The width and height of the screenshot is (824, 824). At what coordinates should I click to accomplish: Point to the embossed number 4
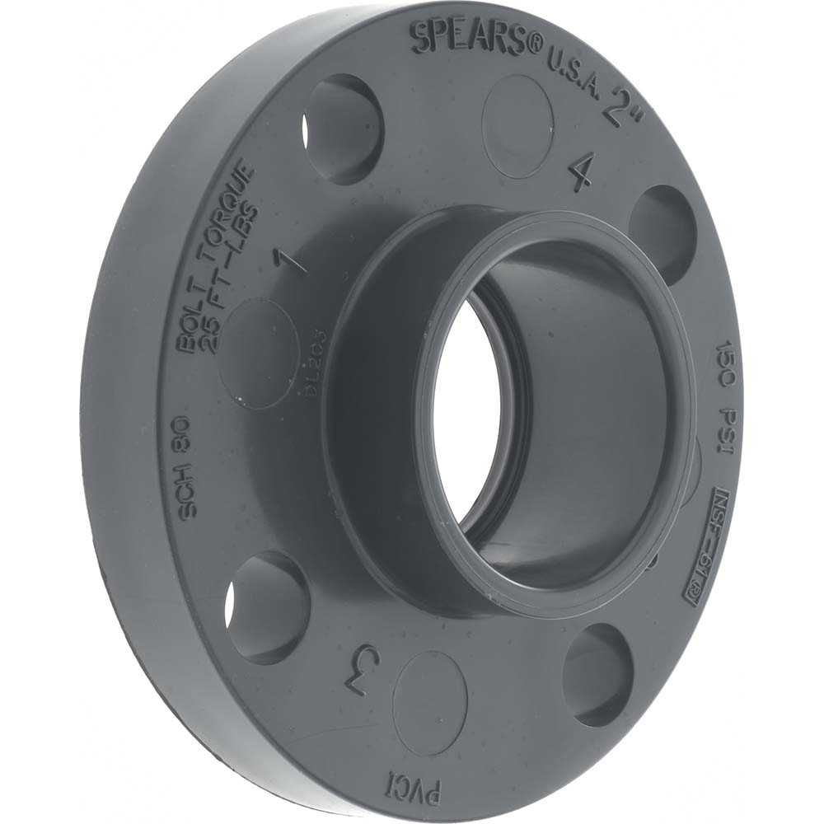pyautogui.click(x=582, y=172)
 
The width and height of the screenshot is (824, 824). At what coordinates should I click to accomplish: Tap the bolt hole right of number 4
pyautogui.click(x=663, y=231)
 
